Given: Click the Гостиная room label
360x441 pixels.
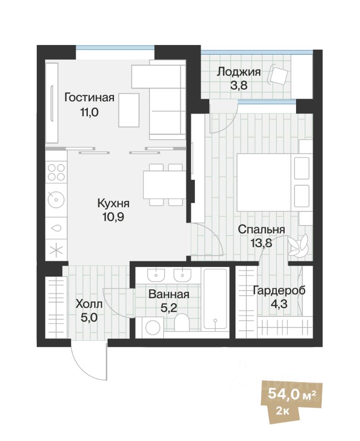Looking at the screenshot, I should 89,98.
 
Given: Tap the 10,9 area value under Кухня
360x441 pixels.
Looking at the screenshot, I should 113,215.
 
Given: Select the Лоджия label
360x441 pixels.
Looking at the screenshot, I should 239,72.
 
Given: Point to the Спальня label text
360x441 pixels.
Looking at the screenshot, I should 261,229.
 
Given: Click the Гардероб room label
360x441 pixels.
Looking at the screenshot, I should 279,290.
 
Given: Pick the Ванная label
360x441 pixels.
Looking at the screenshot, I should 169,294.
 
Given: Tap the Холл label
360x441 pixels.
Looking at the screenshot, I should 89,304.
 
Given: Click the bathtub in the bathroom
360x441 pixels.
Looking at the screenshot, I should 215,299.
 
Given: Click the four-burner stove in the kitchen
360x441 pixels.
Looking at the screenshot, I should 56,173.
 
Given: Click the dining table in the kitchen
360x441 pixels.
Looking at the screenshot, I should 165,184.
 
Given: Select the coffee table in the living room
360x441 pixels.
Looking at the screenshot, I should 129,110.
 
